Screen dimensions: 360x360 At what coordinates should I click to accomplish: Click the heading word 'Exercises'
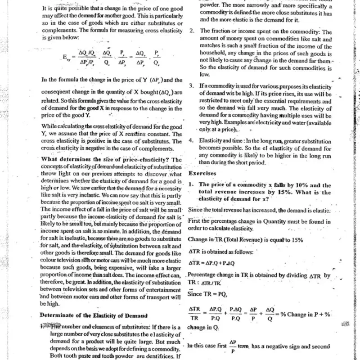(203, 173)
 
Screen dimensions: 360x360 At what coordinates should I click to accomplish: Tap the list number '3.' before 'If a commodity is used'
(192, 85)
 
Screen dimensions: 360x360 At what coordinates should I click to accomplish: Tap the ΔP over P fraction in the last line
(233, 346)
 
